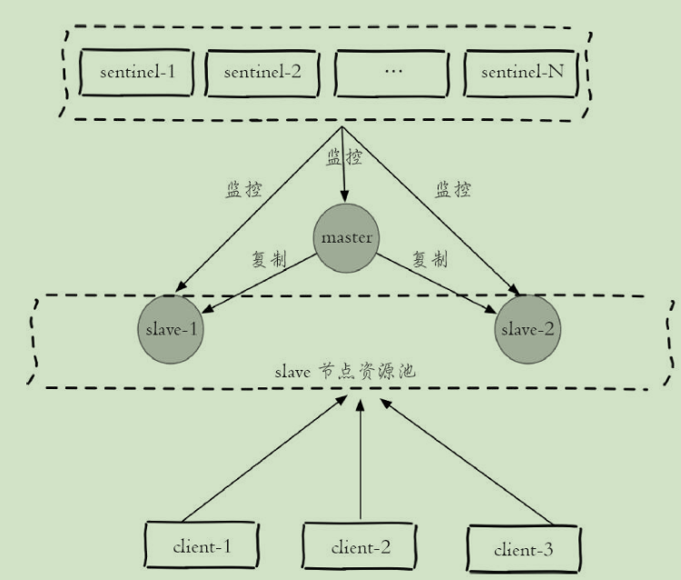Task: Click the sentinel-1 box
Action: [136, 73]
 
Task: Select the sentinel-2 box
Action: [262, 73]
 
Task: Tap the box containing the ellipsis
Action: [391, 73]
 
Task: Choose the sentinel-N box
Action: [520, 73]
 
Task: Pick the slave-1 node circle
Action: [169, 327]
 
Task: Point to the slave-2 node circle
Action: [526, 327]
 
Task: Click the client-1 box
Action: [202, 545]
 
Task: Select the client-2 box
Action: [360, 547]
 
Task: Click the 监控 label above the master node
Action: [343, 157]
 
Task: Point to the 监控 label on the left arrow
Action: [242, 192]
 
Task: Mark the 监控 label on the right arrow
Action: [453, 191]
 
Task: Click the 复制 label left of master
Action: [269, 259]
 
